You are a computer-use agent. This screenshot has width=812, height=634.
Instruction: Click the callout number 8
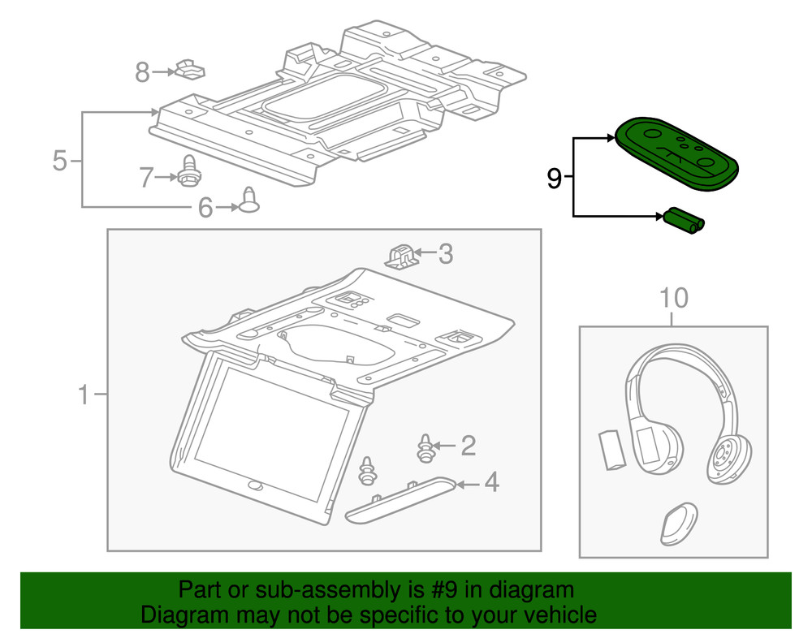click(142, 73)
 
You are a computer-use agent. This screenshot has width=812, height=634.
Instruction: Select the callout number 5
click(59, 161)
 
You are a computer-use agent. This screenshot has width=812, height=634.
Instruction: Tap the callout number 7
click(145, 176)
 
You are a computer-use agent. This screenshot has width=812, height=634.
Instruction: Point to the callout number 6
click(205, 209)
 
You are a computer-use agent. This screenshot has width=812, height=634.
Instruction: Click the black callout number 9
click(554, 178)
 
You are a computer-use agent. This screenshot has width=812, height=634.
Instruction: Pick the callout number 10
click(673, 299)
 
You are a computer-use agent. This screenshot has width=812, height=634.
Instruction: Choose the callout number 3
click(446, 255)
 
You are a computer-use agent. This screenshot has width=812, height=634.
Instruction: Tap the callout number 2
click(468, 445)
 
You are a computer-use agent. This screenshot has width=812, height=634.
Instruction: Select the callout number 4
click(490, 484)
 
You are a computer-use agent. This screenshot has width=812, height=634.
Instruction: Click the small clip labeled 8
click(189, 71)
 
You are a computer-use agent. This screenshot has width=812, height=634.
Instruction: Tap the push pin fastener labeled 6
click(249, 201)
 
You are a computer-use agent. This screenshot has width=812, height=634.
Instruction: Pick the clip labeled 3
click(401, 255)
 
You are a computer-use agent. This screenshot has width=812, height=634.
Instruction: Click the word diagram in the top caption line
click(531, 590)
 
